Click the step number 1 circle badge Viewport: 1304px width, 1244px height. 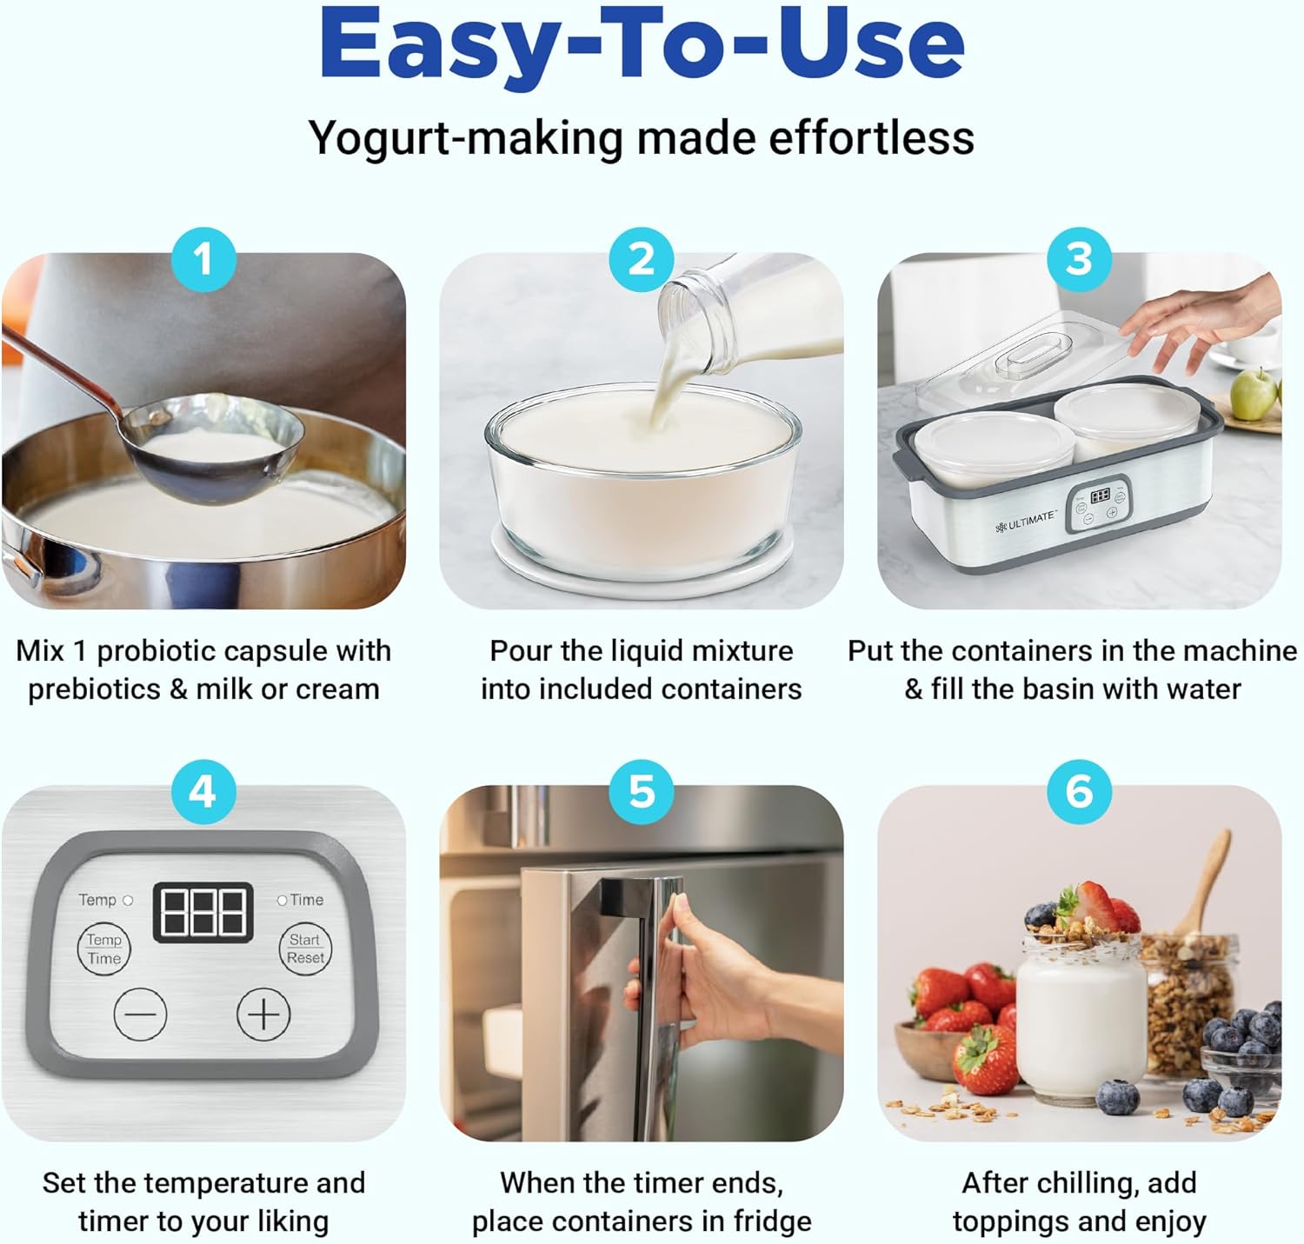(203, 259)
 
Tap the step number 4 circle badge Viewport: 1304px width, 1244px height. (203, 792)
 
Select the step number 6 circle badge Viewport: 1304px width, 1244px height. (1079, 792)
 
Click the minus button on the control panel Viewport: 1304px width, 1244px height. (140, 1014)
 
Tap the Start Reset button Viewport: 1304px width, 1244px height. (304, 948)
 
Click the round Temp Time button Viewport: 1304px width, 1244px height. (103, 948)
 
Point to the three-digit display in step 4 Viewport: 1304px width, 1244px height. (203, 912)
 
